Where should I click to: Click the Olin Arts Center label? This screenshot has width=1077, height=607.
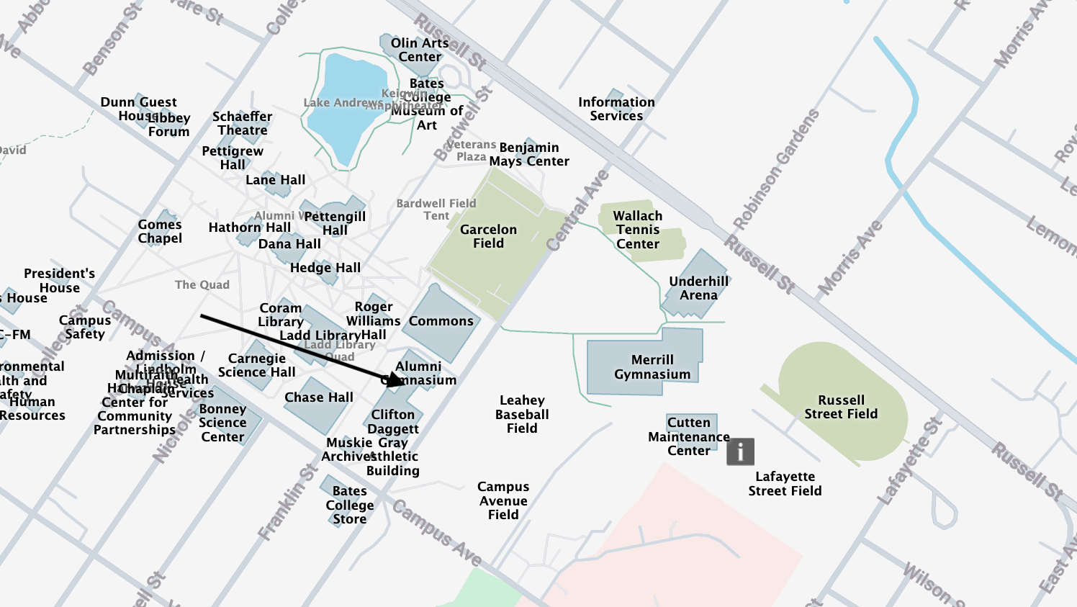point(420,50)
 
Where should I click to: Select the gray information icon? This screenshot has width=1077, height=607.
point(740,451)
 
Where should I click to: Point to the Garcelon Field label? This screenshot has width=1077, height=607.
point(488,236)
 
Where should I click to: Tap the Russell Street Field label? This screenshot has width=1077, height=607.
point(841,407)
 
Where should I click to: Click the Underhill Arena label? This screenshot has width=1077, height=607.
point(699,288)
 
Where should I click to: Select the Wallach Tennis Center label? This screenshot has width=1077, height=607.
point(638,230)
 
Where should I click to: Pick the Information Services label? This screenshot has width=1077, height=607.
point(616,109)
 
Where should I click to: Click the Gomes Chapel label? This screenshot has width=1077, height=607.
point(160,231)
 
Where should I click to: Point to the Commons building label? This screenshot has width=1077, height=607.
point(441,321)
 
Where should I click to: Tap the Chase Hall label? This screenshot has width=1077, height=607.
point(319,397)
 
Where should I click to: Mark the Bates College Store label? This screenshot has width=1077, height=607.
point(350,505)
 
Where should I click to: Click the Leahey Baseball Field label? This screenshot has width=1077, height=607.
point(522,414)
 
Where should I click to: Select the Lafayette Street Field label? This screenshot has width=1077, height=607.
point(785,484)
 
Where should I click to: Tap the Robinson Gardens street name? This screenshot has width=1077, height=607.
point(776,169)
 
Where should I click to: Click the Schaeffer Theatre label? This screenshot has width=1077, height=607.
point(243,123)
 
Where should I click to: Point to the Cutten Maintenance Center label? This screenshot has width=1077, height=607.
point(689,436)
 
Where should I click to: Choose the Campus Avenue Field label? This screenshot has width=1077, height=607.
point(503,500)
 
